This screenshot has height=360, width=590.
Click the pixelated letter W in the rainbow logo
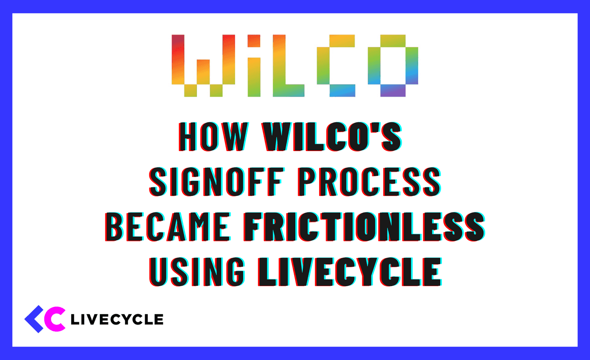coord(197,65)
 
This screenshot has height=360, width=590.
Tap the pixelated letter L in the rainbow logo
coord(288,65)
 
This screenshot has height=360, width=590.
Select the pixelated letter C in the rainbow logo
coord(336,65)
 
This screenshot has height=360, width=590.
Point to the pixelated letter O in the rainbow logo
coord(393,65)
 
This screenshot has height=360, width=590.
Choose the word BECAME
coord(169,227)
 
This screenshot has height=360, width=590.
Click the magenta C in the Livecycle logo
coord(55,319)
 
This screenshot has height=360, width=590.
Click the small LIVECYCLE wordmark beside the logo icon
coord(117,319)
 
